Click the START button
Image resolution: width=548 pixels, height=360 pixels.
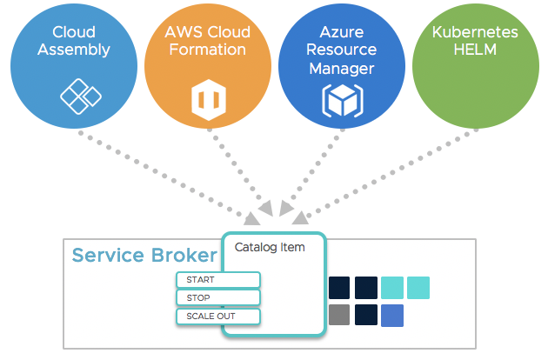218,280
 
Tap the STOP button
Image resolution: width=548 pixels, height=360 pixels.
218,297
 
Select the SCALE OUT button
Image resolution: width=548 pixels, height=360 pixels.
218,317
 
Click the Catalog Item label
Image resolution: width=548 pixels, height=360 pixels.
270,248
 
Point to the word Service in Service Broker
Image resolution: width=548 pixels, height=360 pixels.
108,255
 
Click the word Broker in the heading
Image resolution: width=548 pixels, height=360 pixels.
184,255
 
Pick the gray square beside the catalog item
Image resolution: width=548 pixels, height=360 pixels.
339,315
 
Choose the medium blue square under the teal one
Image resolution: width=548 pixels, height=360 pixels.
392,316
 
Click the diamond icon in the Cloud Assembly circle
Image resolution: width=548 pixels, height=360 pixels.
81,97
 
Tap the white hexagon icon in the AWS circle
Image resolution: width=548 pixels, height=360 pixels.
209,100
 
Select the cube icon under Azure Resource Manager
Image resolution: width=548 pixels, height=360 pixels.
343,101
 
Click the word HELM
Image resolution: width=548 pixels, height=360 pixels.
475,50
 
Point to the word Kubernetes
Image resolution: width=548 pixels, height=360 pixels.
475,32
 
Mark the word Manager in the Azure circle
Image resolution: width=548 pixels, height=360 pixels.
342,69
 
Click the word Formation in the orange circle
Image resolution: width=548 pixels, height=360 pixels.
208,50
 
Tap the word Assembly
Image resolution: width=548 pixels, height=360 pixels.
74,50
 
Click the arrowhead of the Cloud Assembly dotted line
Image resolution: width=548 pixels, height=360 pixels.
251,218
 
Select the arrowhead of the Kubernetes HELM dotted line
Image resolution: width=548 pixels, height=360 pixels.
300,217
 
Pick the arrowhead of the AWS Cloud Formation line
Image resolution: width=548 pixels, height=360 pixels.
266,208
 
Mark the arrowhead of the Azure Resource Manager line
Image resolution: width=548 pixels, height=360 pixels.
286,208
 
